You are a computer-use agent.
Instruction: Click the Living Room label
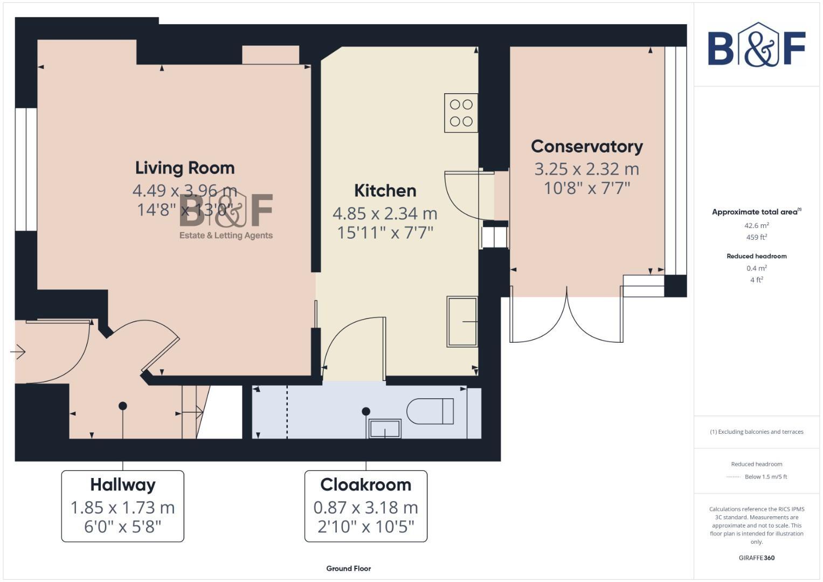tap(185, 168)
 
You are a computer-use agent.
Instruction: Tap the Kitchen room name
tap(385, 191)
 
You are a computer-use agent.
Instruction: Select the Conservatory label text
tap(586, 147)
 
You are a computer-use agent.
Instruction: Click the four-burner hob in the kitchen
tap(461, 113)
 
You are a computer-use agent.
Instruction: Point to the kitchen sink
tap(462, 321)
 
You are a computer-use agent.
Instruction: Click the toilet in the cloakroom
tap(430, 411)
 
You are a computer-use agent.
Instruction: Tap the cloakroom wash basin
tap(385, 428)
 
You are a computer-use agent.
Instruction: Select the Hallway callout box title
tap(123, 484)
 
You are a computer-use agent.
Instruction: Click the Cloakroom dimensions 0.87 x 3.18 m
tap(365, 507)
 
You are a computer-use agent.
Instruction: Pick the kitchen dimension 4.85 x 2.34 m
tap(385, 213)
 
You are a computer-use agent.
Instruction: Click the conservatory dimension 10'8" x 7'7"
tap(586, 188)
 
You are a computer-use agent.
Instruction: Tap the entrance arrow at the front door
tap(18, 352)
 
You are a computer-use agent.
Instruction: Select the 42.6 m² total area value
tap(756, 226)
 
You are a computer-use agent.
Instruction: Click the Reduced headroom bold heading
tap(756, 256)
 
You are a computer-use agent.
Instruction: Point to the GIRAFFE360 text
tap(756, 558)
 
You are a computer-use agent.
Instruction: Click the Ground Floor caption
tap(348, 569)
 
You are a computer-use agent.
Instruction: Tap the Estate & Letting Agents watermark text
tap(226, 235)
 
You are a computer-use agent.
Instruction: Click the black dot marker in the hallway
tap(123, 406)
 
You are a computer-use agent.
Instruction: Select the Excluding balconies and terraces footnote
tap(756, 432)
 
